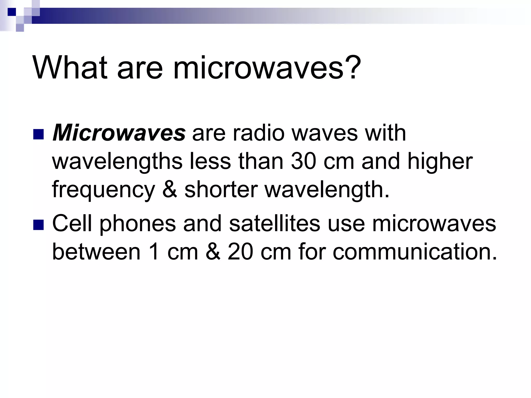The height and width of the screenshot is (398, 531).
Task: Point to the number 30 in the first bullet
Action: click(304, 162)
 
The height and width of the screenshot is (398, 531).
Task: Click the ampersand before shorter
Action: click(170, 190)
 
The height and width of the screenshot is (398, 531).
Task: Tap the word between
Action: click(96, 252)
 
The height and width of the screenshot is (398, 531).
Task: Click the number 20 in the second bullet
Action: click(240, 252)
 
